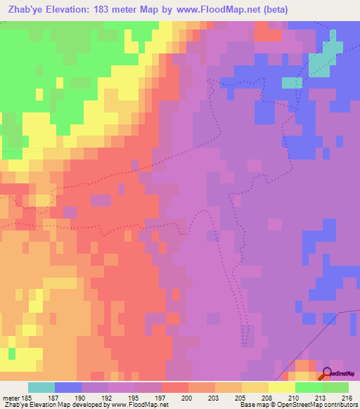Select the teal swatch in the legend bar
[41, 387]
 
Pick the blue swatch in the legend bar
[68, 387]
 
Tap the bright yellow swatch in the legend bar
[282, 387]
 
